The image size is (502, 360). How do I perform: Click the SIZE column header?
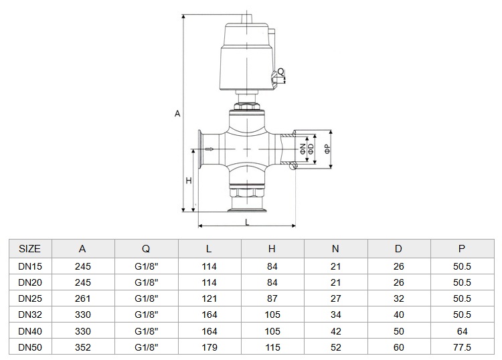click(x=29, y=249)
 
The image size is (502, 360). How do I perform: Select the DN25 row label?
click(x=30, y=298)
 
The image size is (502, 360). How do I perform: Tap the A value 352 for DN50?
click(x=83, y=347)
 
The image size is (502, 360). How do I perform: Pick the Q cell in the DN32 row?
click(x=147, y=314)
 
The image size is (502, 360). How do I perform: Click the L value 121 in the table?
click(x=209, y=298)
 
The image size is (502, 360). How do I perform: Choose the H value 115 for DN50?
click(x=272, y=347)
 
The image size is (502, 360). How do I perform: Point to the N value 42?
click(x=335, y=331)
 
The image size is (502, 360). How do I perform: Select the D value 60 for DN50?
click(x=399, y=347)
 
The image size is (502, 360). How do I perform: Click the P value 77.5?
click(x=462, y=347)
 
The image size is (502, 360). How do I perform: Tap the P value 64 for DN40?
click(x=462, y=331)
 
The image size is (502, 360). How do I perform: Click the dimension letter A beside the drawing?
click(x=177, y=114)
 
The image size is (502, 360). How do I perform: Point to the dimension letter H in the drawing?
click(x=189, y=181)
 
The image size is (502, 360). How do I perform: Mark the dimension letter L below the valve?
click(x=247, y=222)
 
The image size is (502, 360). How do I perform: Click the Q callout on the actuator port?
click(x=280, y=72)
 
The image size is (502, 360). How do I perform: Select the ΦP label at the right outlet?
click(x=327, y=149)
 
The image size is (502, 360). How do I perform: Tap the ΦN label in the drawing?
click(x=303, y=149)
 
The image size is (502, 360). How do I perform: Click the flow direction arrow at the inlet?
click(x=210, y=149)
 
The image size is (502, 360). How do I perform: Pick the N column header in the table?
click(x=335, y=249)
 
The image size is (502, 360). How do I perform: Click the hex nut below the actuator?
click(x=247, y=106)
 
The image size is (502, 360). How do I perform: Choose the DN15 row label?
click(x=30, y=266)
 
